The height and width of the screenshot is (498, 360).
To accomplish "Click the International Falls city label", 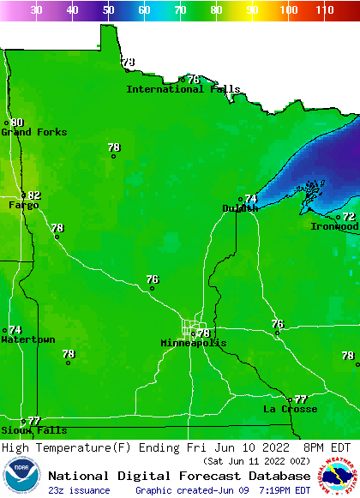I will [183, 89].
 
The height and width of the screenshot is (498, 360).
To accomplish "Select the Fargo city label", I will [23, 205].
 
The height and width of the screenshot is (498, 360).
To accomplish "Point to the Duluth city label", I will [240, 208].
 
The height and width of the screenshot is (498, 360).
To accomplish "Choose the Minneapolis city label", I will [194, 343].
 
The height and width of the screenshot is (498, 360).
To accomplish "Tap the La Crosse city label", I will [290, 409].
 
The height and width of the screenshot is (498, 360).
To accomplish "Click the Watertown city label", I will [27, 339].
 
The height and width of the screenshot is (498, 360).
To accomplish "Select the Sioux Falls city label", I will [33, 430].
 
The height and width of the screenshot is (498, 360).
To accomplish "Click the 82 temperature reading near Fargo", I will [34, 195].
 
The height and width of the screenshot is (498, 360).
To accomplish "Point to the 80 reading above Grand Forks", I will [17, 123].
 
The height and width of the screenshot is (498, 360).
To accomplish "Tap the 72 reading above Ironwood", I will [349, 217].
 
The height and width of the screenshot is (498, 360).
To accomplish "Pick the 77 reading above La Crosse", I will [300, 399].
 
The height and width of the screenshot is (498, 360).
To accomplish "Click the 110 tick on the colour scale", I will [323, 10].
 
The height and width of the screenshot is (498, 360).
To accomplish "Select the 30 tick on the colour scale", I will [37, 10].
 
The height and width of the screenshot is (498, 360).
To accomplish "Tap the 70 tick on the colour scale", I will [180, 10].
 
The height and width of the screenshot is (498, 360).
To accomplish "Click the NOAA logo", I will [21, 476].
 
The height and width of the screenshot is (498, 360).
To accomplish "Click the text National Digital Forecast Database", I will [179, 476].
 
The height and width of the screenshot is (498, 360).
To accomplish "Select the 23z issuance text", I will [79, 490].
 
